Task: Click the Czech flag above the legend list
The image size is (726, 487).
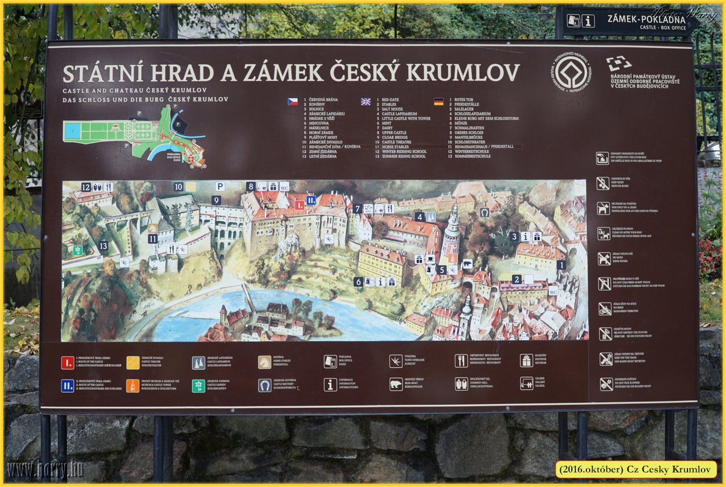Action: coord(293,102)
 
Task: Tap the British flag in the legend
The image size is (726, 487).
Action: coord(366,102)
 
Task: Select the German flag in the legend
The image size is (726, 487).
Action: coord(438,102)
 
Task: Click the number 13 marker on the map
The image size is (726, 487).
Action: coord(103,245)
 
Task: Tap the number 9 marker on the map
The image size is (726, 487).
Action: coord(216,200)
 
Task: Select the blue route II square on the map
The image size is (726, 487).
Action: coord(311,200)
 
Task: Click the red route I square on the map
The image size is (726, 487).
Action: coord(299,205)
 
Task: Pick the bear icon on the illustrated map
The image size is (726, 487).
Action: coord(467,263)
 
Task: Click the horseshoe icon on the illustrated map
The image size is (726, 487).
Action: coord(484,212)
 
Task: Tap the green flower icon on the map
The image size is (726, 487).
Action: coord(78,250)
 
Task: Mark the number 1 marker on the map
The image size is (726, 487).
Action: coord(561,264)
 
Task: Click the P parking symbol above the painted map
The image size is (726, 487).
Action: coord(220,186)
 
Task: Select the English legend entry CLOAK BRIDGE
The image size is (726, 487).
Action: coord(394,137)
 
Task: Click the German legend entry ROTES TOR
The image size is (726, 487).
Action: coord(464,100)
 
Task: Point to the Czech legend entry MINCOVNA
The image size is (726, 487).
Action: coord(321,123)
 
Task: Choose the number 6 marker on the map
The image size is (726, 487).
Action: coord(359,282)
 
